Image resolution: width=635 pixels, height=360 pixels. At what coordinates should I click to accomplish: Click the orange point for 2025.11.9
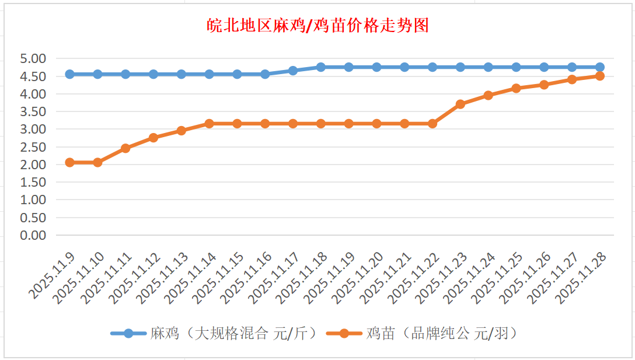click(69, 162)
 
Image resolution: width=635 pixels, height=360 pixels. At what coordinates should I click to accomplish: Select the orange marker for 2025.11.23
click(460, 104)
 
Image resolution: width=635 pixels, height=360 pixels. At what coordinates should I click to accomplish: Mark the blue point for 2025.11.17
click(293, 71)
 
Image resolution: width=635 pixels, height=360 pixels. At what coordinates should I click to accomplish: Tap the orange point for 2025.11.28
click(600, 76)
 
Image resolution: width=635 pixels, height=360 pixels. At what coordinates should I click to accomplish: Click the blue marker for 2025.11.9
click(69, 74)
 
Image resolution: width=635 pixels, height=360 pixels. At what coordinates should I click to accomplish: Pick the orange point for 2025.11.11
click(125, 148)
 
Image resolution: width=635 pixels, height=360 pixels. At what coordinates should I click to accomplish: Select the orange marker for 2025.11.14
click(209, 124)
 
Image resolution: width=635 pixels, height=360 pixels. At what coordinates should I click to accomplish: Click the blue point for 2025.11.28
click(600, 67)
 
